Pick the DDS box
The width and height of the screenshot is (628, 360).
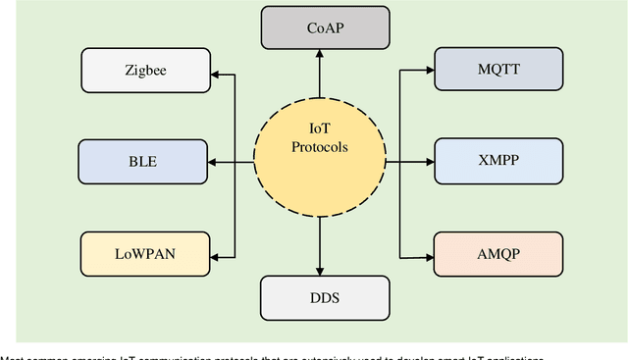coord(319,296)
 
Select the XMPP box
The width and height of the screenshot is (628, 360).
coord(498,159)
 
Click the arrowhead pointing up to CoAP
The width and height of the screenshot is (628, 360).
coord(319,55)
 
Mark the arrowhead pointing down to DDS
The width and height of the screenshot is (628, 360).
coord(319,269)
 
